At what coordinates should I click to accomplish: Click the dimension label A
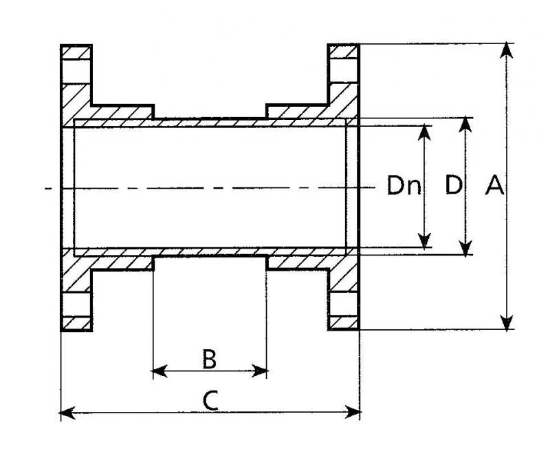(494, 185)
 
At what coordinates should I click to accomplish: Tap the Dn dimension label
(404, 185)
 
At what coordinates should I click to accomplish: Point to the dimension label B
(210, 359)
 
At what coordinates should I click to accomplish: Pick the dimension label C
(210, 401)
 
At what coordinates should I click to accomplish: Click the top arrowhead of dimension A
(507, 50)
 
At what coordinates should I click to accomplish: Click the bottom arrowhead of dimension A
(507, 322)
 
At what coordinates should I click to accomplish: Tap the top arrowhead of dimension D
(465, 125)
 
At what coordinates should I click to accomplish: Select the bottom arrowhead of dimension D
(465, 247)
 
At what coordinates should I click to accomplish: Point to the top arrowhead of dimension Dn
(425, 132)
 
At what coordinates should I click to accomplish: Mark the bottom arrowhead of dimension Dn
(425, 240)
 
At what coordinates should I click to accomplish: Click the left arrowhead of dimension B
(160, 371)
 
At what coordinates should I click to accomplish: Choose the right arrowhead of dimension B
(260, 371)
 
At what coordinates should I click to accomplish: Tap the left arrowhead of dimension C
(67, 413)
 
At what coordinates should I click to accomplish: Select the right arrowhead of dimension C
(353, 413)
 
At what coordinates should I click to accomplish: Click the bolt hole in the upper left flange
(76, 72)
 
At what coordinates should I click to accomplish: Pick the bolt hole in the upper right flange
(343, 71)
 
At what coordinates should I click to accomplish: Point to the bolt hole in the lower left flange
(76, 304)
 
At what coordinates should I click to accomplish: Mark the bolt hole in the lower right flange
(343, 304)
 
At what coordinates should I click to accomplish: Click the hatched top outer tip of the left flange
(76, 52)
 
